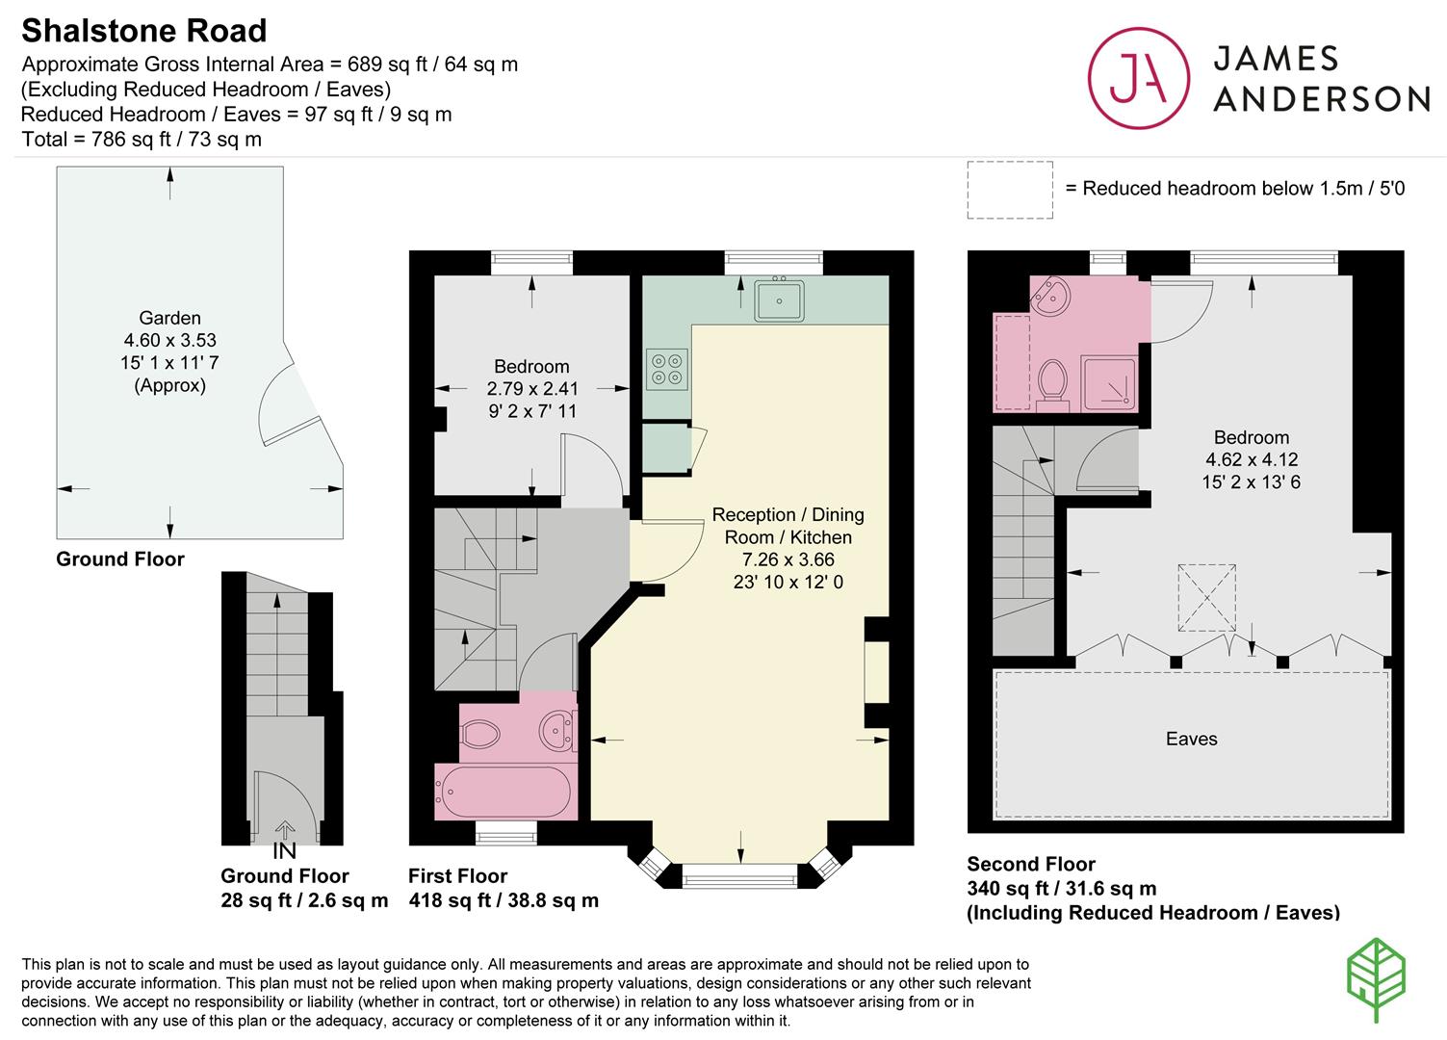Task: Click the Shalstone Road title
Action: click(x=144, y=31)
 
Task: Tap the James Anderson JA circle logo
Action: click(x=1137, y=78)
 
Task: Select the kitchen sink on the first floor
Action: click(x=779, y=299)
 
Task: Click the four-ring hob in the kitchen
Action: click(x=665, y=368)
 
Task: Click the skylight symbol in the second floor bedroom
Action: click(x=1206, y=597)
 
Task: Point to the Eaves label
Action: click(x=1191, y=739)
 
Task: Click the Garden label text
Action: click(x=169, y=318)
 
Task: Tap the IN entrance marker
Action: click(x=284, y=851)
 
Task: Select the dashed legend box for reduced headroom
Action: click(x=1009, y=190)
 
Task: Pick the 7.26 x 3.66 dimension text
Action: click(x=788, y=559)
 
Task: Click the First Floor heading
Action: click(x=457, y=875)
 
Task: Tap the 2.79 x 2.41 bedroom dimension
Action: click(x=531, y=389)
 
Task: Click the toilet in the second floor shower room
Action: click(x=1053, y=381)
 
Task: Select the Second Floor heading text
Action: click(x=1030, y=864)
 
